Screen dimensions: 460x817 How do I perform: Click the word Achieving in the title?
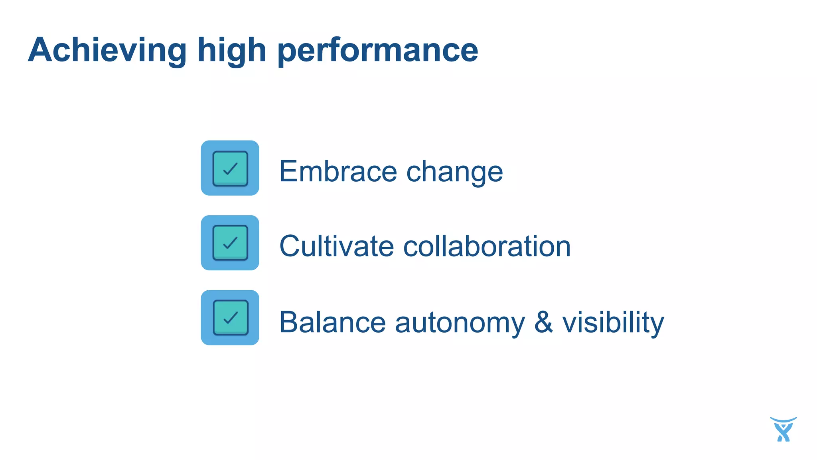[x=107, y=50]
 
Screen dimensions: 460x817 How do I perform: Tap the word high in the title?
[x=232, y=50]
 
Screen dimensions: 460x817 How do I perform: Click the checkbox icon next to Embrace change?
[x=230, y=168]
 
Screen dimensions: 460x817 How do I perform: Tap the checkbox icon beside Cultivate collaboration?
[x=230, y=243]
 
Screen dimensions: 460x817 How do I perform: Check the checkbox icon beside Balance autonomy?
[x=230, y=317]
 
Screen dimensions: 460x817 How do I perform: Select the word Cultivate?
[x=336, y=246]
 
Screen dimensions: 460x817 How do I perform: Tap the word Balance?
[x=332, y=322]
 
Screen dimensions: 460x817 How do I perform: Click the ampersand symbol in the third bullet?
[x=543, y=322]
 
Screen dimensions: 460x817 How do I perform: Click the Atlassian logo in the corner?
[x=783, y=430]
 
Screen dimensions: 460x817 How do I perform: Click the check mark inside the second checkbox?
[x=230, y=243]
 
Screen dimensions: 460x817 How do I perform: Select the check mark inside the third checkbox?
[x=231, y=317]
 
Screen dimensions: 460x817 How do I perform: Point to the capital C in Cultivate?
[x=289, y=246]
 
